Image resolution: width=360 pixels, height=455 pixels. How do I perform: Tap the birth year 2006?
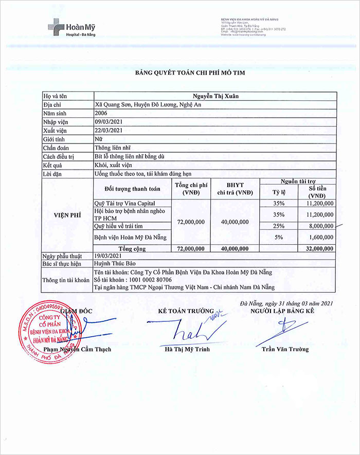[101, 113]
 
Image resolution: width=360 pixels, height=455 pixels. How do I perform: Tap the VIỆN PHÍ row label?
[67, 216]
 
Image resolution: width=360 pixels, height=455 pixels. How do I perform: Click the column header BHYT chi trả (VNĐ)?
[235, 189]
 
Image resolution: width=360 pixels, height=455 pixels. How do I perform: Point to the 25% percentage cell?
[279, 226]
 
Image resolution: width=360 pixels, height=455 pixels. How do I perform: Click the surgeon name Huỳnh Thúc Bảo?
[113, 264]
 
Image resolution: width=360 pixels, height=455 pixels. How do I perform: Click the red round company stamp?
[49, 325]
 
